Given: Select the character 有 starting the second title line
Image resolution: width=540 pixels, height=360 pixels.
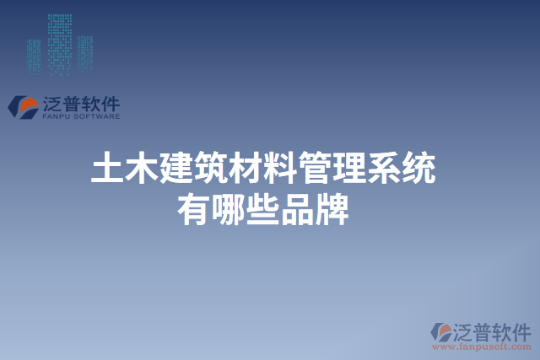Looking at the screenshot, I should (193, 207).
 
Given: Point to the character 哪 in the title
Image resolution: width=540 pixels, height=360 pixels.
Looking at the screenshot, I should (228, 207).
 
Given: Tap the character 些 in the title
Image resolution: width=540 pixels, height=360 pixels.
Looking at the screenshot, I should (262, 207).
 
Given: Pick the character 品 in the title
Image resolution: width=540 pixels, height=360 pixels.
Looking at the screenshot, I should (297, 207).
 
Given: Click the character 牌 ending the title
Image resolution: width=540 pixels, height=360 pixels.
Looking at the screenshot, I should (332, 207).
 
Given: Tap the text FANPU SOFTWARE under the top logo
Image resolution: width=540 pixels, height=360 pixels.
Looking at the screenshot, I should (80, 117).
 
